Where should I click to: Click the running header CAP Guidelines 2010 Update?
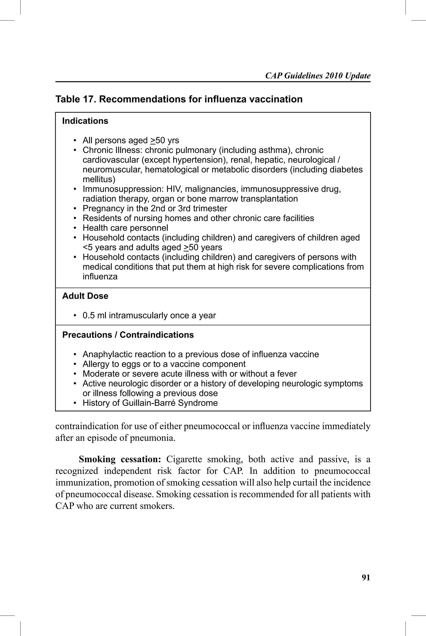coord(318,76)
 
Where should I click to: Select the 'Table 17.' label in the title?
coord(76,99)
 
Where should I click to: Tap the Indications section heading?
coord(85,121)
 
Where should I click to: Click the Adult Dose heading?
coord(85,296)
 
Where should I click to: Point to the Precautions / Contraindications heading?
coord(128,335)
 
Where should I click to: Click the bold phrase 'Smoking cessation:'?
coord(120,459)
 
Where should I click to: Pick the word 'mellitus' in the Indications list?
coord(99,179)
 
